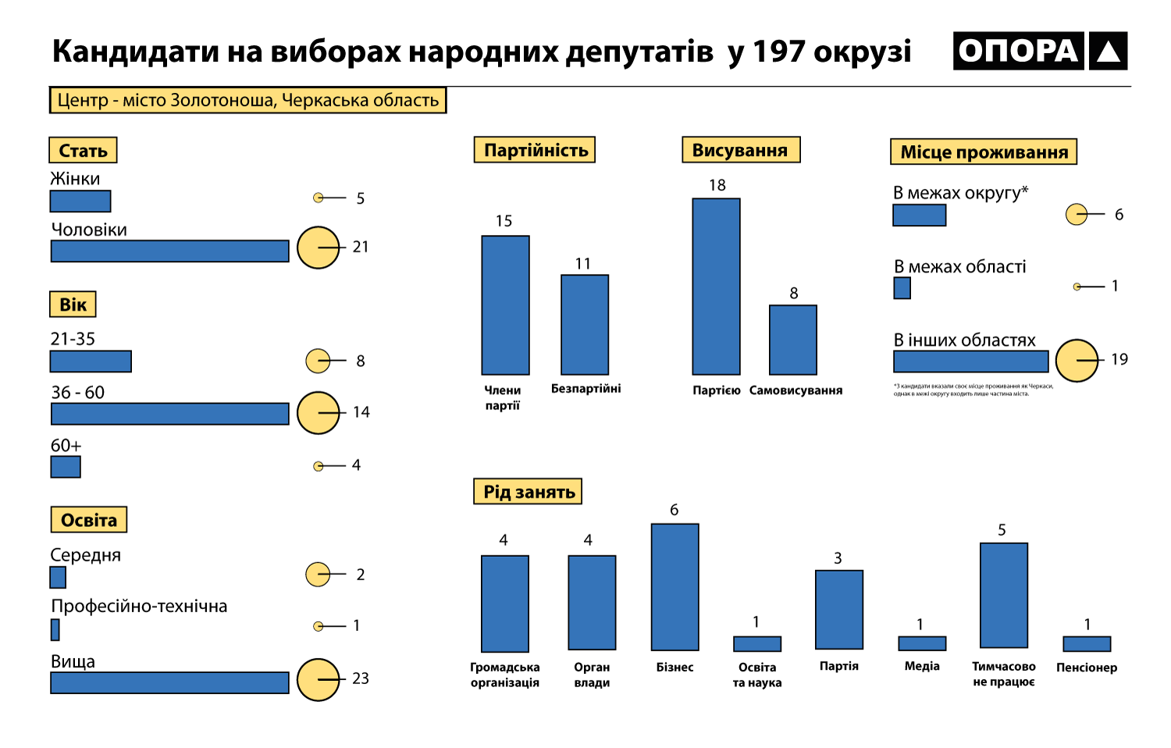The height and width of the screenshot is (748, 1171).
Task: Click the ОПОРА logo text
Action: [x=1018, y=52]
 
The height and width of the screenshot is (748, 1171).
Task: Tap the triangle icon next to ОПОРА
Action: [x=1109, y=52]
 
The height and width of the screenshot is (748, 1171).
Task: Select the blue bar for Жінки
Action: [x=80, y=201]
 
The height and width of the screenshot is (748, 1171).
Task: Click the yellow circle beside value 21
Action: [x=318, y=248]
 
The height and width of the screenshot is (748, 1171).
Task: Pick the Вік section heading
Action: [x=73, y=305]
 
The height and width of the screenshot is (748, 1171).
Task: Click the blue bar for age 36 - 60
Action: [x=169, y=414]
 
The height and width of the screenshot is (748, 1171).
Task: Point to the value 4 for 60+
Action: [x=356, y=465]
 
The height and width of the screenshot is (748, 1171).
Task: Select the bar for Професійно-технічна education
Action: [x=55, y=629]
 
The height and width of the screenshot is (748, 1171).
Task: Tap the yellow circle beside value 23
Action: [x=318, y=679]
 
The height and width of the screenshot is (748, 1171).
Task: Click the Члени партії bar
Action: [x=505, y=305]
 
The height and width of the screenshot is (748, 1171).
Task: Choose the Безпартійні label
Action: [x=585, y=389]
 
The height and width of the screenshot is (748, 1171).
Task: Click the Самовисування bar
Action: [x=793, y=340]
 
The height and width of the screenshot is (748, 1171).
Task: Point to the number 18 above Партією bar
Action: [x=717, y=185]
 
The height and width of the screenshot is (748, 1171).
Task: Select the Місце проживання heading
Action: [x=984, y=152]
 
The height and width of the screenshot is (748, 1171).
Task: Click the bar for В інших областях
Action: [x=970, y=362]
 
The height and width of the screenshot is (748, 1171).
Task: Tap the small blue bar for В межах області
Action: [x=902, y=288]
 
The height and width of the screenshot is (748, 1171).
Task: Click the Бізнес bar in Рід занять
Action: [x=674, y=586]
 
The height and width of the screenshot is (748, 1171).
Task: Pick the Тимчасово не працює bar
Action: [x=1003, y=595]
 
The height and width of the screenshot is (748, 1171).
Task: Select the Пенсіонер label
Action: [x=1086, y=668]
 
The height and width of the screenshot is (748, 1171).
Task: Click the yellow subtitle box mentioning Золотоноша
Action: [x=247, y=101]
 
